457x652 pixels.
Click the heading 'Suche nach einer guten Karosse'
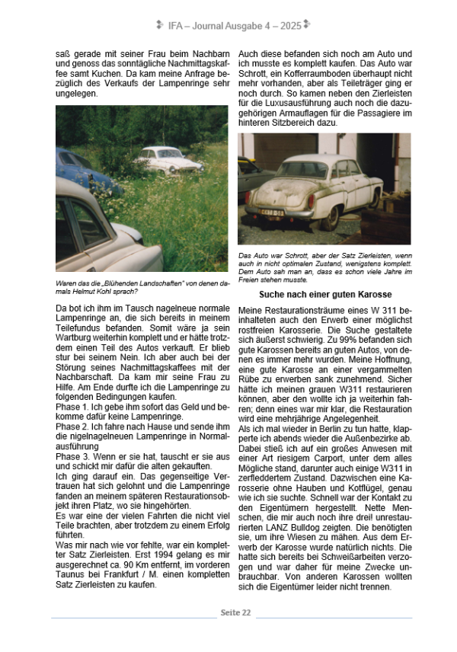point(324,293)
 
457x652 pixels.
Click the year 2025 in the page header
point(289,24)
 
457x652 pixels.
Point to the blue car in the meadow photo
point(80,171)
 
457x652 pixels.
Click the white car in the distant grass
point(169,158)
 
